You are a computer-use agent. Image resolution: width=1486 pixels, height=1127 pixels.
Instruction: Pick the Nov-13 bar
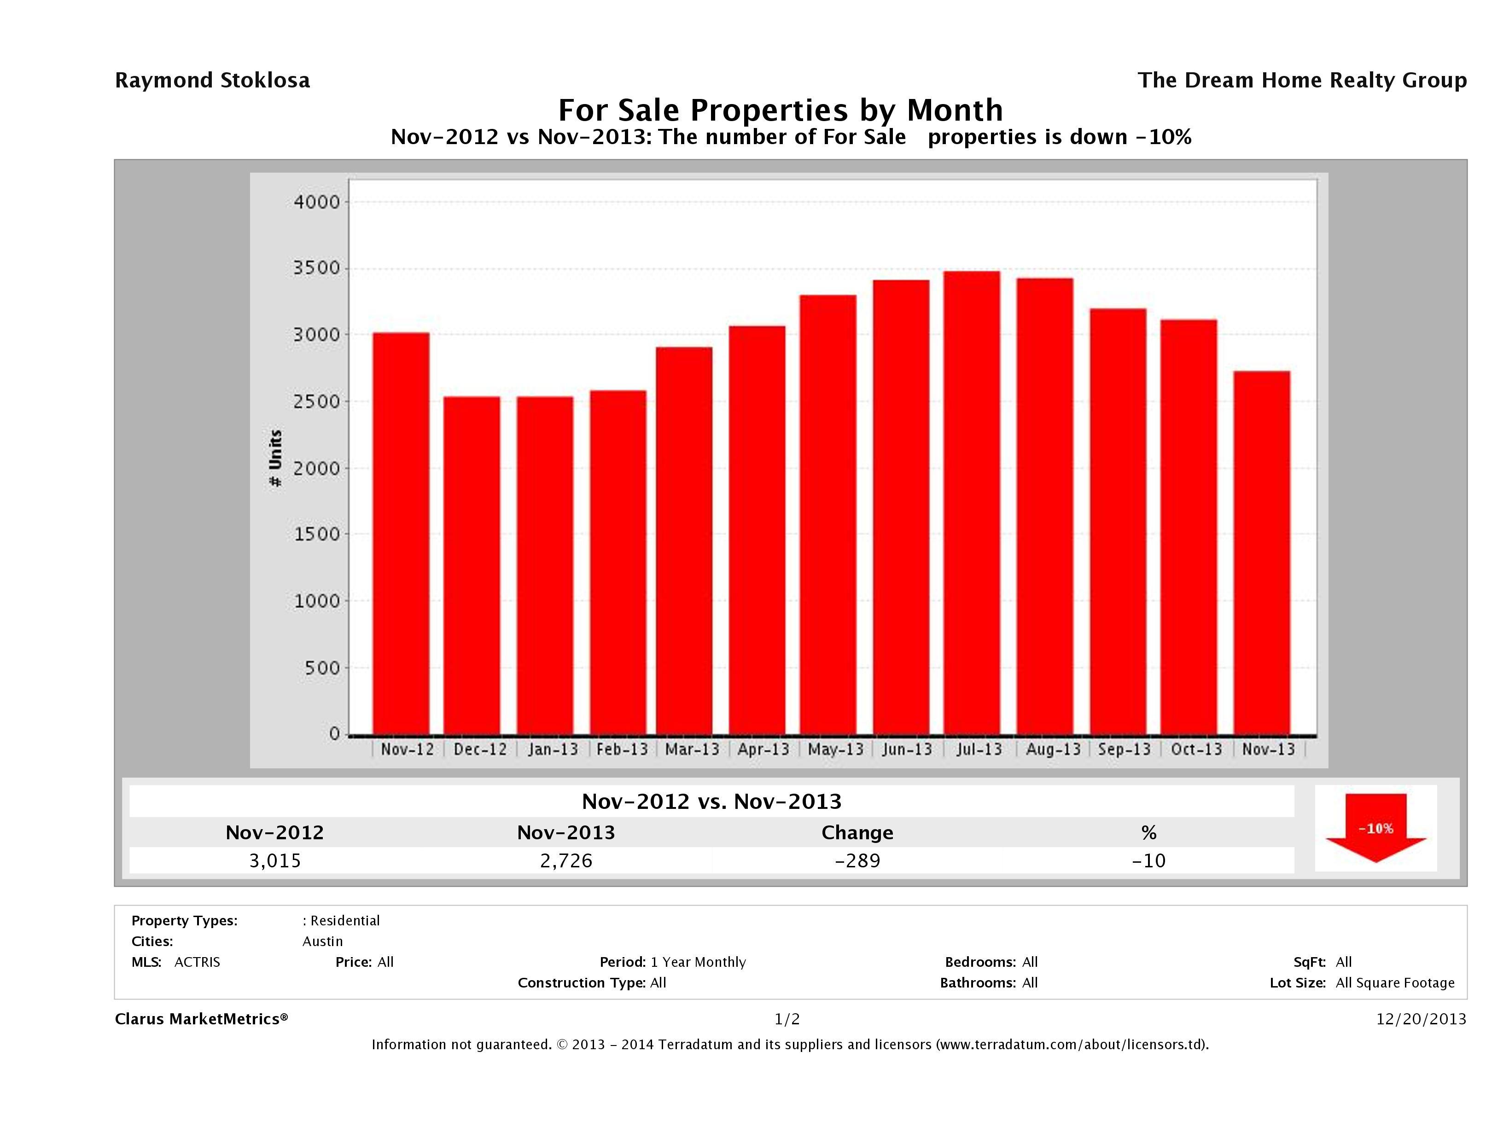point(1262,553)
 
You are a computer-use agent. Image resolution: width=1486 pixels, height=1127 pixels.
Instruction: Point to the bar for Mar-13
point(684,540)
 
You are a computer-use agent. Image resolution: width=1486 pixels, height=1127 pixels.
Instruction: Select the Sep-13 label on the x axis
point(1124,749)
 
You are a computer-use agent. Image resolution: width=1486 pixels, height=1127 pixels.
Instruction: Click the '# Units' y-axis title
point(275,458)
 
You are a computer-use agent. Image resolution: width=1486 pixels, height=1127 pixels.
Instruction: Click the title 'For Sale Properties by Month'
point(780,110)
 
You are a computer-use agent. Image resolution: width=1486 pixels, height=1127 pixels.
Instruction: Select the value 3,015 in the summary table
point(275,860)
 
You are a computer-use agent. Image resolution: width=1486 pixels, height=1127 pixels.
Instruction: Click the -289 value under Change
point(857,860)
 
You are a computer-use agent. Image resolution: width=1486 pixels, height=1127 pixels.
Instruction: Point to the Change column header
point(857,833)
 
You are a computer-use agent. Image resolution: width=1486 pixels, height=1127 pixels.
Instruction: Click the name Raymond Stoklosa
point(212,81)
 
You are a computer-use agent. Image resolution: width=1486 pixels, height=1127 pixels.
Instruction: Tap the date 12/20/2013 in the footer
point(1421,1019)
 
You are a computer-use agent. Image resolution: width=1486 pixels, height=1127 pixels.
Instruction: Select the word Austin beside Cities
point(322,941)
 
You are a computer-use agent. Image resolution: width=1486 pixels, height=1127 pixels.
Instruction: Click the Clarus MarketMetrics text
point(201,1019)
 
